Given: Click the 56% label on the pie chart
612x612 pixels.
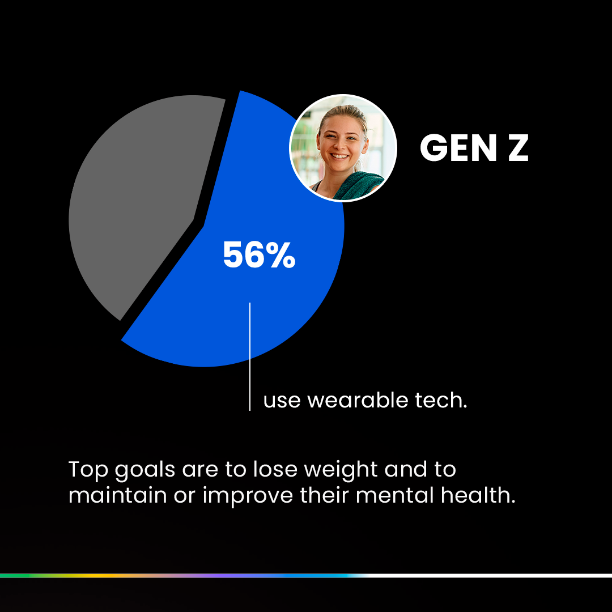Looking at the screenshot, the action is click(259, 254).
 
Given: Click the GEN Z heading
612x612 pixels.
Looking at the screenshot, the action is click(474, 147).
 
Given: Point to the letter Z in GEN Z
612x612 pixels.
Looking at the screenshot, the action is click(518, 147).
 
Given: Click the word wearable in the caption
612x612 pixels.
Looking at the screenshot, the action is click(358, 401).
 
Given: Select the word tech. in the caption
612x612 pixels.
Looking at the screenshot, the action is click(441, 401).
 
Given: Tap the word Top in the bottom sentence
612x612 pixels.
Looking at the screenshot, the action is click(88, 470).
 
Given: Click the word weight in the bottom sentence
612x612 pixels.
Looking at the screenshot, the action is click(341, 470).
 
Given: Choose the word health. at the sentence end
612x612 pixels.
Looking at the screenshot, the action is click(478, 495).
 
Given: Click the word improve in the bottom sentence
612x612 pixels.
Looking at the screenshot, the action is click(248, 496).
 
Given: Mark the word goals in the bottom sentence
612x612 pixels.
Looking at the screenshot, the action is click(145, 470).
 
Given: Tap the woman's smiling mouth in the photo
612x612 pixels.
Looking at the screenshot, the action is click(339, 156).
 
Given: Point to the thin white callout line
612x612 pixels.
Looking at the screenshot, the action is click(250, 356).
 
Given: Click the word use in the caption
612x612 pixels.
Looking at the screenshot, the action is click(282, 402).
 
